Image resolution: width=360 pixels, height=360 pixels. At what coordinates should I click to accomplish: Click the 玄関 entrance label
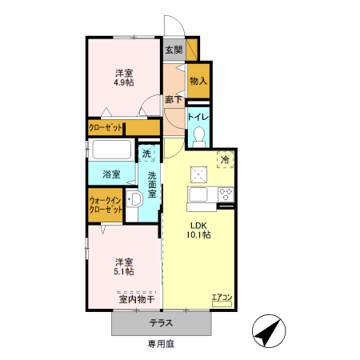click(x=174, y=50)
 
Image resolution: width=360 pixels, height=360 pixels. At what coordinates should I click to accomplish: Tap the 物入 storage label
click(x=198, y=81)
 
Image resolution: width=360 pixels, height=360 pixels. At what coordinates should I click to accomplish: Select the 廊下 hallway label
click(x=174, y=100)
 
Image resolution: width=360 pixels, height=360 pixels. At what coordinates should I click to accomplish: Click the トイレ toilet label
click(x=198, y=117)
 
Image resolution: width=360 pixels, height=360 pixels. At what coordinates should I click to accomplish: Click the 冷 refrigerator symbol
click(x=225, y=159)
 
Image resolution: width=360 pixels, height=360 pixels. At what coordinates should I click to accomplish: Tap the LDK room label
click(x=199, y=225)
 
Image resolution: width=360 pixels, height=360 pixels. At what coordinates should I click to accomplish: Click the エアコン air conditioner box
click(x=222, y=298)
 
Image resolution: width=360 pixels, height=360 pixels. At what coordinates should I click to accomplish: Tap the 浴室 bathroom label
click(x=112, y=174)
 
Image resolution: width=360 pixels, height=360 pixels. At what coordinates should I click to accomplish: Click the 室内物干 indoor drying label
click(x=136, y=300)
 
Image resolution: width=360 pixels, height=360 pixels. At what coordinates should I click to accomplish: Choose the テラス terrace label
click(x=163, y=324)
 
